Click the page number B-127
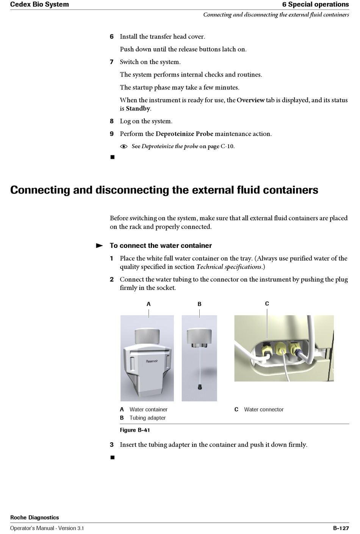coord(341,528)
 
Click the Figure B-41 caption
coord(135,430)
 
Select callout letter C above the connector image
coord(267,304)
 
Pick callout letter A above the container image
coord(149,304)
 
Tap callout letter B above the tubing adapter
coord(200,304)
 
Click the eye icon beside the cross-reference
coord(124,147)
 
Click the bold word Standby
coord(138,108)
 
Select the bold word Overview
coord(250,100)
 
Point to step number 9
coord(111,134)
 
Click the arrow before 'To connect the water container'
coord(99,246)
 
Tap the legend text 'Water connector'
coord(264,410)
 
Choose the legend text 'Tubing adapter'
coord(147,418)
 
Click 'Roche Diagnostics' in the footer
coord(34,518)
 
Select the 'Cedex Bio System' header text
coord(39,5)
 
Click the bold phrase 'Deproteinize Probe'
coord(184,134)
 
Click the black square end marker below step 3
coord(113,457)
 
